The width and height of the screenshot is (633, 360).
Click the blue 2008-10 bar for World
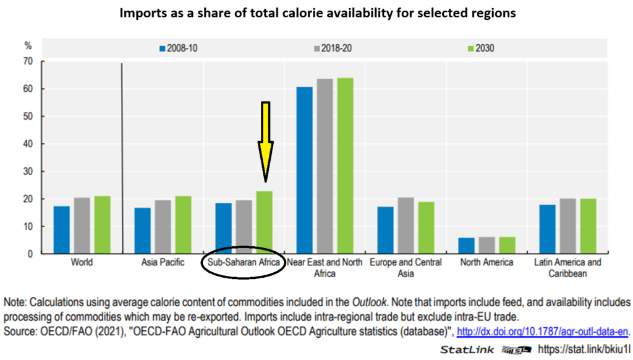[x=61, y=229]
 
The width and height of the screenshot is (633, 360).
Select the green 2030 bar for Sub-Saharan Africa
[x=264, y=223]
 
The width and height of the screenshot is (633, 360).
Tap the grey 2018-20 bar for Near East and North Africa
[x=325, y=166]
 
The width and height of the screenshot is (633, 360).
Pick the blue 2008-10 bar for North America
[x=467, y=246]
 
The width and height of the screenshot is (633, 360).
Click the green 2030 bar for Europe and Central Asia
[x=426, y=228]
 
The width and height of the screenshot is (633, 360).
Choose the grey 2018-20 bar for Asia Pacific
[x=163, y=226]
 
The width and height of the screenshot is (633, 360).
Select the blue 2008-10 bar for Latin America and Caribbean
[x=547, y=229]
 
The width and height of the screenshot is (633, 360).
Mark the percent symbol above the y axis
[x=28, y=45]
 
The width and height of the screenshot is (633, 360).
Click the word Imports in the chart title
[x=142, y=13]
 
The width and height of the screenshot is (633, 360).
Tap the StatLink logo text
[x=467, y=349]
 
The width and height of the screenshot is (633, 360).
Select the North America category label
[x=486, y=262]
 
